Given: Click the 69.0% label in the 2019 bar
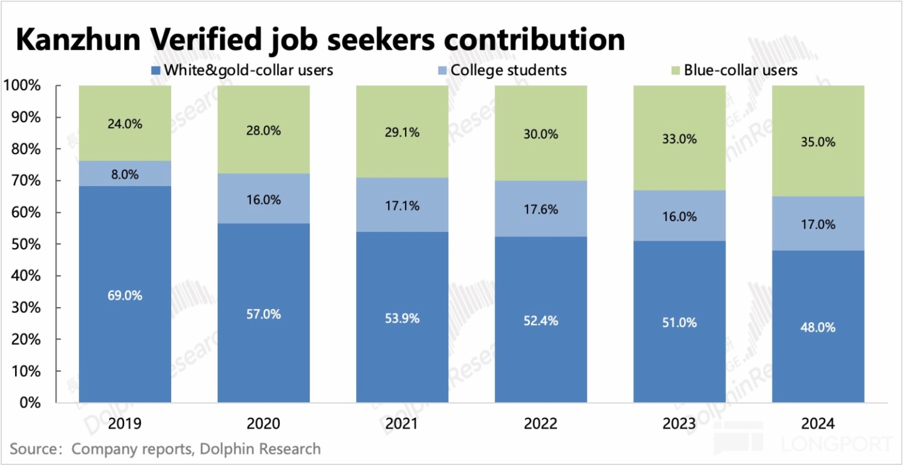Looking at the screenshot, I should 125,295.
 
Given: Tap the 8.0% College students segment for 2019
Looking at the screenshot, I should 125,175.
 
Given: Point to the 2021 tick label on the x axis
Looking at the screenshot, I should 402,424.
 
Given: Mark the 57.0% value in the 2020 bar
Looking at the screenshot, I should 263,314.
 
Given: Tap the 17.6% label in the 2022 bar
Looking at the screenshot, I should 541,211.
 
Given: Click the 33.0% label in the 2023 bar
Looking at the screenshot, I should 679,139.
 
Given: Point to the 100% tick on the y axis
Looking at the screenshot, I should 22,86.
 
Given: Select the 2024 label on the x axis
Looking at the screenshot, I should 818,424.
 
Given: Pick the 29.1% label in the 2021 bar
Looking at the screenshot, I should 402,133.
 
